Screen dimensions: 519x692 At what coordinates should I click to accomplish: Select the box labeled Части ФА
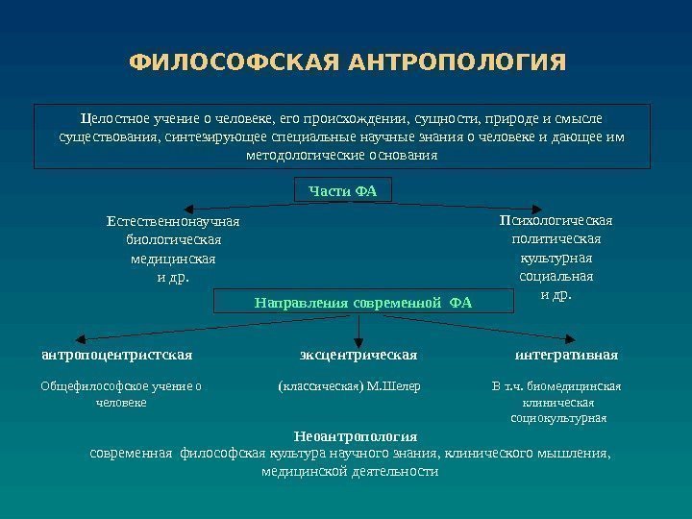coord(343,191)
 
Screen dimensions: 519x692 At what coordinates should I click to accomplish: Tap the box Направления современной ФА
coord(363,303)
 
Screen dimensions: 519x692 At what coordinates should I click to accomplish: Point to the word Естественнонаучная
coord(173,222)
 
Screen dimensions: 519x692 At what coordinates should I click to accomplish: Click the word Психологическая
coord(556,221)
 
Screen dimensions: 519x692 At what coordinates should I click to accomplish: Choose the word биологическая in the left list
coord(174,240)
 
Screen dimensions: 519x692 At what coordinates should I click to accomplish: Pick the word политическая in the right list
coord(556,239)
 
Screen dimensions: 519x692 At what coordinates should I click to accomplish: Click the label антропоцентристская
coord(117,355)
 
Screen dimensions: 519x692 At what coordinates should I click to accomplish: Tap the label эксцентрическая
coord(358,355)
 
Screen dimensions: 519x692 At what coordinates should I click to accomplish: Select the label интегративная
coord(566,355)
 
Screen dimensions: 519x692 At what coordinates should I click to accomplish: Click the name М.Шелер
coord(395,386)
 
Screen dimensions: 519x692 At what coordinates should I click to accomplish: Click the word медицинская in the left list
coord(173,259)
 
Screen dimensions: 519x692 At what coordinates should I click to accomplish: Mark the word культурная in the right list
coord(556,259)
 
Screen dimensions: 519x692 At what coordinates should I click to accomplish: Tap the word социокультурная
coord(556,419)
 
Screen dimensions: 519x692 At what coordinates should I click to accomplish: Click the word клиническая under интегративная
coord(556,403)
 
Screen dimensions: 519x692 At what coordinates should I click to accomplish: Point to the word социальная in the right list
coord(556,277)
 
